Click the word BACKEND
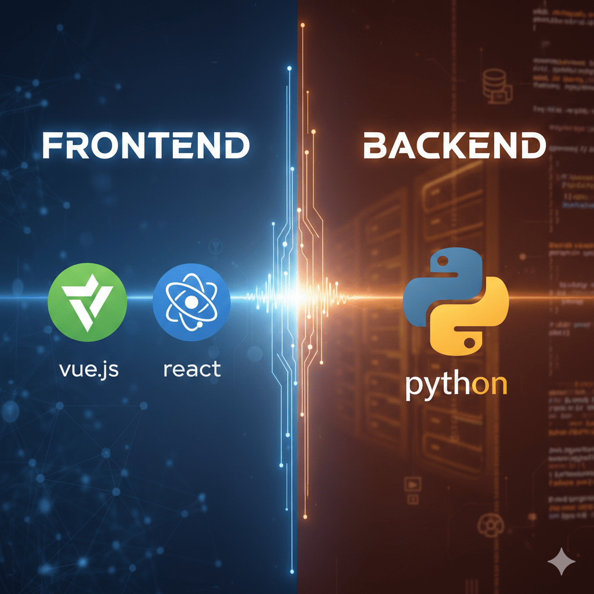click(454, 146)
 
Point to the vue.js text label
click(89, 368)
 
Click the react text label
click(191, 368)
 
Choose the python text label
click(455, 386)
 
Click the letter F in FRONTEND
click(53, 146)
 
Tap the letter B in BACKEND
click(375, 146)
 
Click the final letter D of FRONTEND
click(237, 146)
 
